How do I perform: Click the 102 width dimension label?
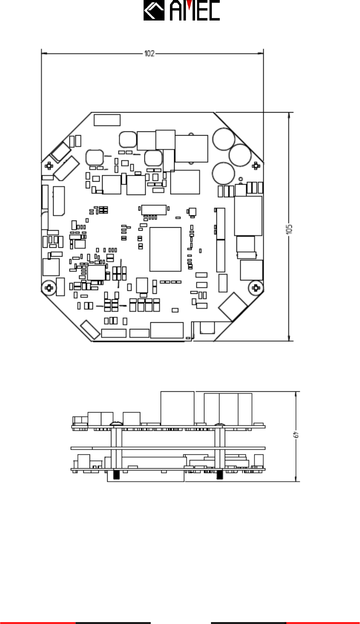[x=149, y=53]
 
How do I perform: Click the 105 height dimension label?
[x=289, y=229]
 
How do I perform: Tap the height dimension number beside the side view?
[x=296, y=434]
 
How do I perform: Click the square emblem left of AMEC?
[x=154, y=10]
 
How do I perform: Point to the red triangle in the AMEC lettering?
[x=189, y=4]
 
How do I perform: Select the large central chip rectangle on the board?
[x=165, y=249]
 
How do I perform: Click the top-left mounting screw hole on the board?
[x=49, y=166]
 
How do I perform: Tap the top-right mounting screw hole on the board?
[x=256, y=166]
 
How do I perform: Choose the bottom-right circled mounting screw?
[x=256, y=288]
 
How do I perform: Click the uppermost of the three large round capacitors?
[x=224, y=139]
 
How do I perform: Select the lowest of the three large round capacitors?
[x=223, y=173]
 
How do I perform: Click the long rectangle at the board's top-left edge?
[x=107, y=120]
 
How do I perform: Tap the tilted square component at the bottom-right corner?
[x=233, y=307]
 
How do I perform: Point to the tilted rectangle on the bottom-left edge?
[x=90, y=330]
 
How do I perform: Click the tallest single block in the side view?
[x=177, y=408]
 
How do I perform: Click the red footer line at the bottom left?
[x=38, y=623]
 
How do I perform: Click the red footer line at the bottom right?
[x=323, y=623]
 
